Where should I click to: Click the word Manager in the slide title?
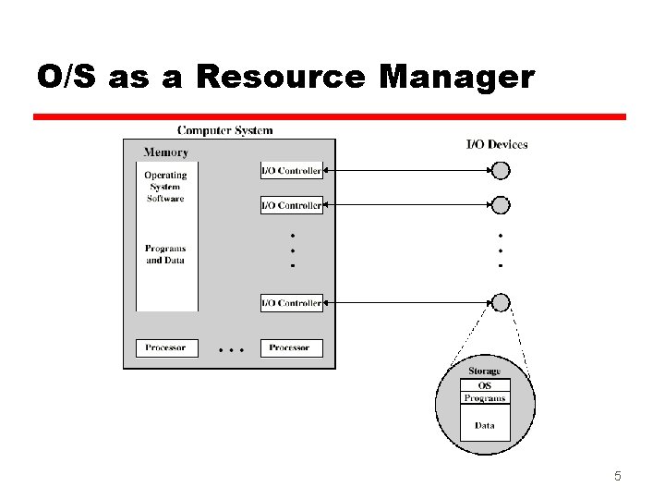click(x=456, y=79)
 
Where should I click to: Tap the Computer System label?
click(x=225, y=131)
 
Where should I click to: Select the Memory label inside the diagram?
click(x=166, y=152)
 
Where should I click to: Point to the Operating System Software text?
click(x=165, y=187)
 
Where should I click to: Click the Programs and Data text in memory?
click(x=165, y=254)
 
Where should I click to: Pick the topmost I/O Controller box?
click(x=292, y=171)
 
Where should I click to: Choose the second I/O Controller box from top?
click(x=292, y=205)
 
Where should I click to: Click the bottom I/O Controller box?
click(x=292, y=303)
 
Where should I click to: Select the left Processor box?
click(x=166, y=348)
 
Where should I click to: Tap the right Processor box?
click(x=290, y=348)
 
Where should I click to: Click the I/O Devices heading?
click(x=497, y=144)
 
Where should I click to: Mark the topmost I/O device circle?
click(x=500, y=171)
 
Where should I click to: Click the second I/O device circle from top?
click(x=500, y=205)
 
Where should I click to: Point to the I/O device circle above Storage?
click(x=500, y=303)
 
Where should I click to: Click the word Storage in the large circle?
click(x=485, y=371)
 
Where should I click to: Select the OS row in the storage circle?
click(x=485, y=385)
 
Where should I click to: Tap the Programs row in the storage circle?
click(x=485, y=398)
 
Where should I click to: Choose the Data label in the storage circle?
click(x=485, y=426)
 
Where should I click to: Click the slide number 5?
click(x=618, y=477)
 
